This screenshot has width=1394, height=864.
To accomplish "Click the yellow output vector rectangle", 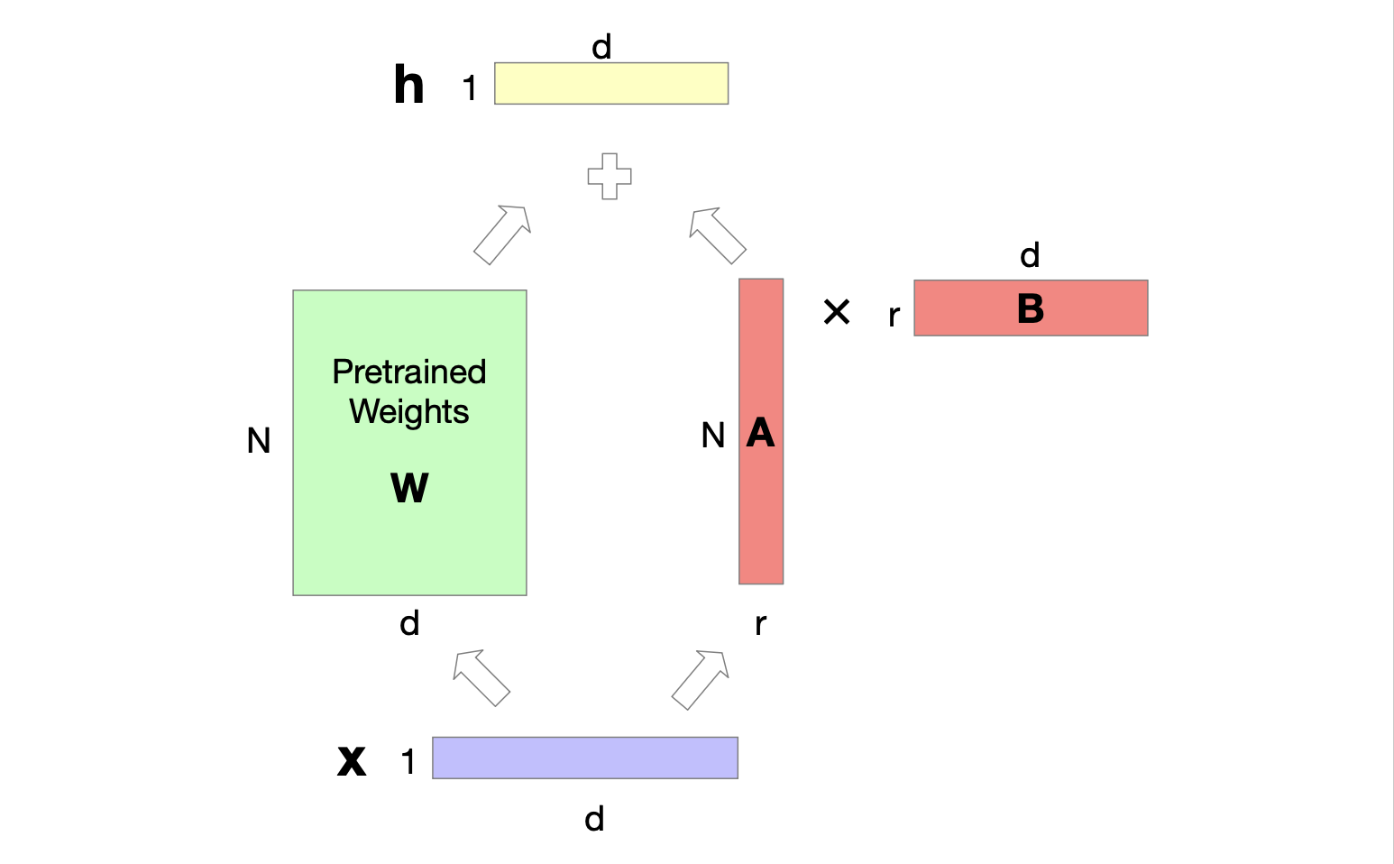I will point(611,83).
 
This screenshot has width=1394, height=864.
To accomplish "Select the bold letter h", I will point(408,86).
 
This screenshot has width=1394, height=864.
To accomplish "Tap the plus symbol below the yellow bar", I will point(610,176).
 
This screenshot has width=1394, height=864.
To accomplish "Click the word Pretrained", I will point(409,372).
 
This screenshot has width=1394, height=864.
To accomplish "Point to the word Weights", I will point(409,411).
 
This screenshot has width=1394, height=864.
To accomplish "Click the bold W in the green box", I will point(409,487).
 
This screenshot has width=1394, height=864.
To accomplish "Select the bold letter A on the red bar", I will point(760,434).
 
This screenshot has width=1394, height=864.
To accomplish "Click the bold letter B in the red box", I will point(1030,308).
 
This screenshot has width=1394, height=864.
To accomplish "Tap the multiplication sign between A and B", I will point(837,312).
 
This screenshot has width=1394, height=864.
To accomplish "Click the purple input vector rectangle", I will point(585,758).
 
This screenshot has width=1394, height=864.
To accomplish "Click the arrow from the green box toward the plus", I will point(502,234).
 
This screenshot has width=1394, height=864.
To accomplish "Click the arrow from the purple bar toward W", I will point(481,677).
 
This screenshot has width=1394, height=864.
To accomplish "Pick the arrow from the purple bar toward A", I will point(701,679).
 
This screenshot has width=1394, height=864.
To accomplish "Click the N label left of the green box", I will point(259,441).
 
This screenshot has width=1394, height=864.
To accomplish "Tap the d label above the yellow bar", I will point(601,47).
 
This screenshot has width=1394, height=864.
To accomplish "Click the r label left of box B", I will point(894,316).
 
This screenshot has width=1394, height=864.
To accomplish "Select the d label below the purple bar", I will point(594,819).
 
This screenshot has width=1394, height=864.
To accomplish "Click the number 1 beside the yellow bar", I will point(469,88).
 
